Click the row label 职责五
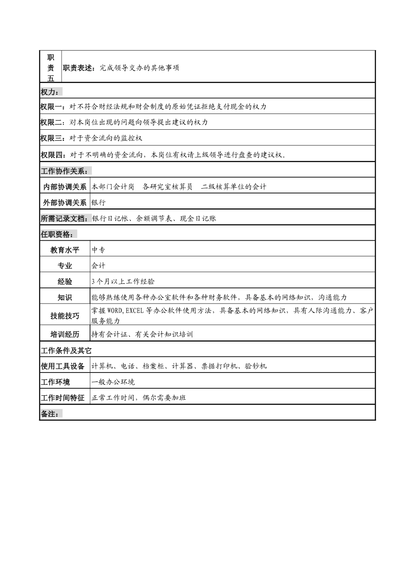coord(51,67)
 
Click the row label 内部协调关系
coord(65,186)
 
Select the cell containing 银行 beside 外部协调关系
coord(99,203)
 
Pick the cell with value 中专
coord(99,250)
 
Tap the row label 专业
coord(65,266)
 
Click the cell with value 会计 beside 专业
coord(99,266)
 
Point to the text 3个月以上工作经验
coord(123,282)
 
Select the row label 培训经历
coord(65,335)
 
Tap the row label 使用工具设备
coord(63,366)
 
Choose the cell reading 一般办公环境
coord(113,382)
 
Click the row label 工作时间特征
coord(63,398)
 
